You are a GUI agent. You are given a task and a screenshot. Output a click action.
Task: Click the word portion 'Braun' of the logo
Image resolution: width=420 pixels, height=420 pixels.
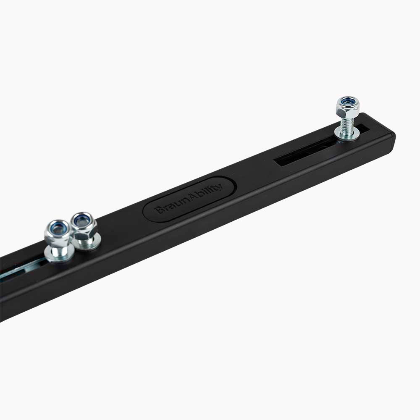tap(172, 205)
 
